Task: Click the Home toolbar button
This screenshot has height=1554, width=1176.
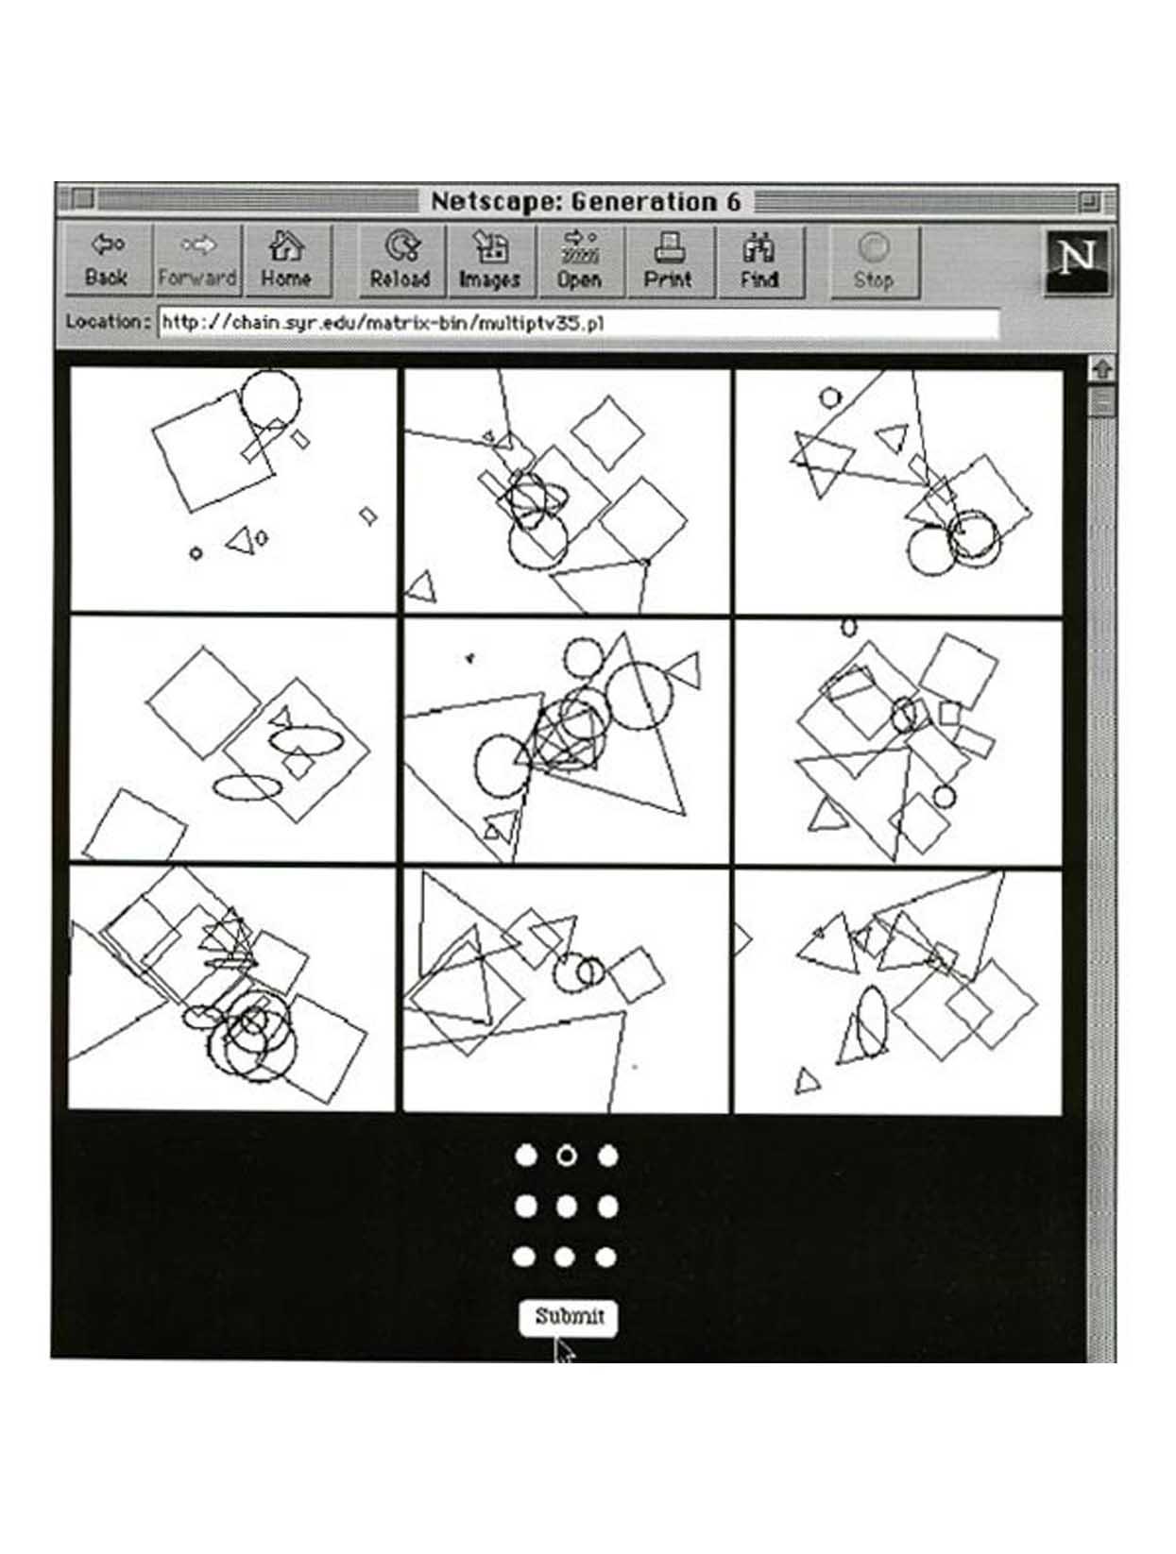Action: point(287,260)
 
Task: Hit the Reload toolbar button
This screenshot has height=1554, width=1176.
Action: point(400,261)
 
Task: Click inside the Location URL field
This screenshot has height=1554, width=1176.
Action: point(578,324)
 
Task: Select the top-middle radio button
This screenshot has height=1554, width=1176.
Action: point(566,1157)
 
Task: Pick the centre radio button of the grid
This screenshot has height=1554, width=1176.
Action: point(566,1207)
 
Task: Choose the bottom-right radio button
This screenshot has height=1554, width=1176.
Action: point(606,1258)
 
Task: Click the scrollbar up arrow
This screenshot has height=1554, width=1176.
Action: point(1101,369)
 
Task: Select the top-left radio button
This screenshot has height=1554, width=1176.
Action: point(525,1157)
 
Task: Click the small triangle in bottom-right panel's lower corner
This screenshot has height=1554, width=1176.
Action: point(807,1080)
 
